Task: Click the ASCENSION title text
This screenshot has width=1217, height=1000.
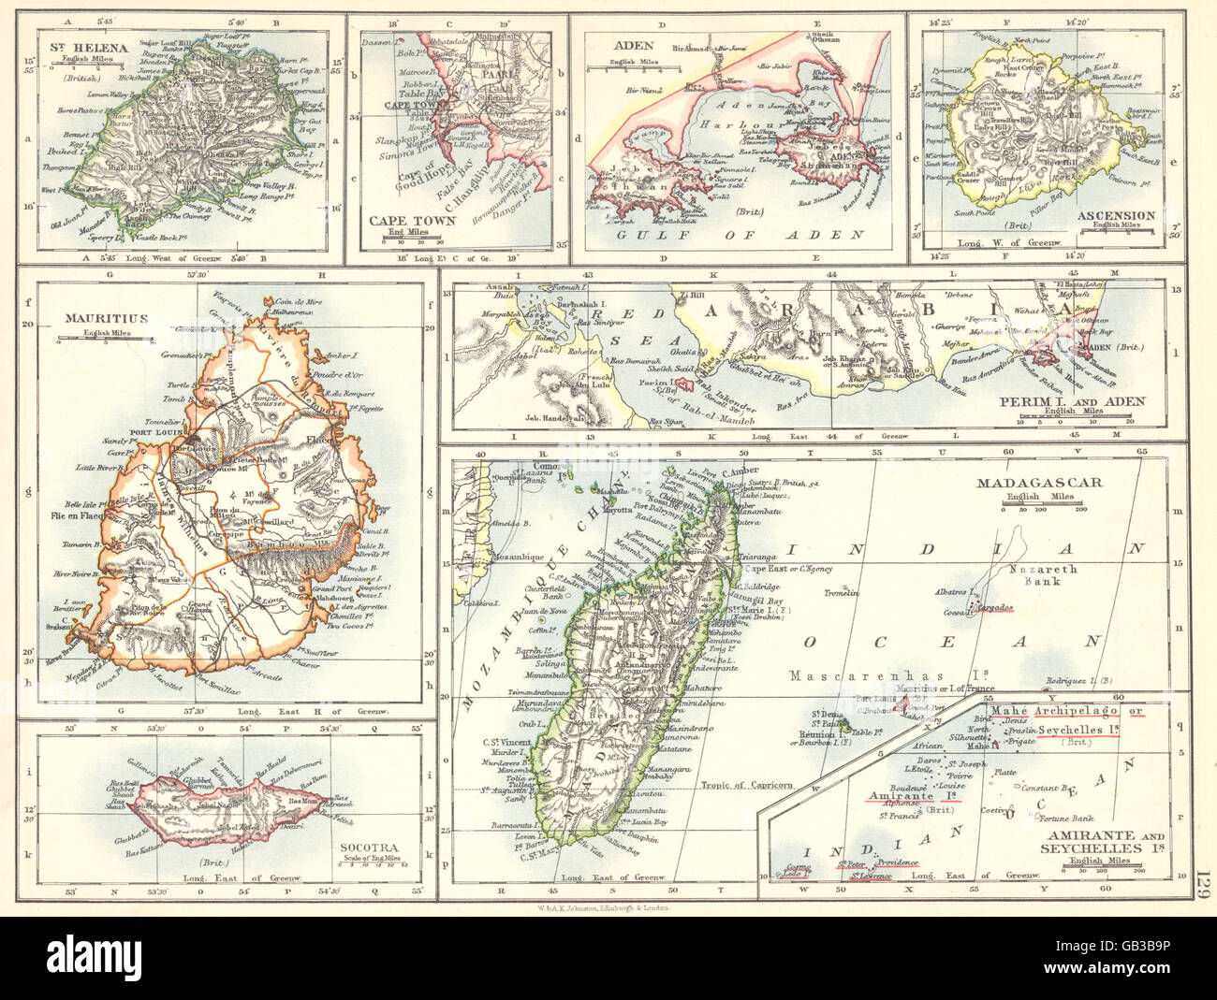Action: pyautogui.click(x=1118, y=214)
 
